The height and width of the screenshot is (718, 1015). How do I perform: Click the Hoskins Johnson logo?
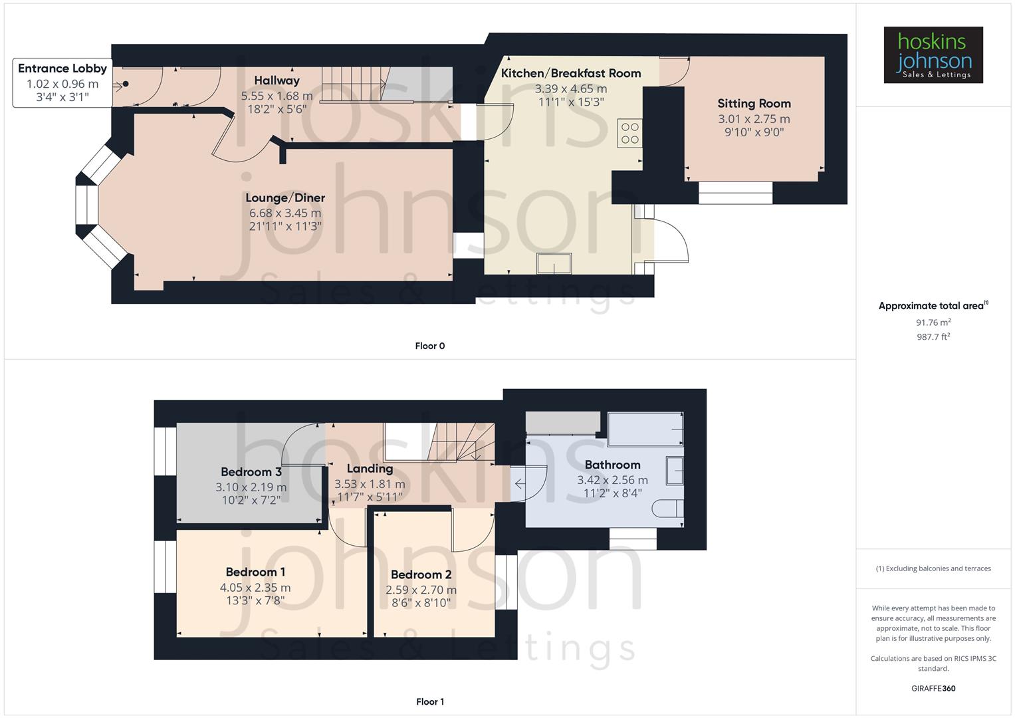[x=933, y=55]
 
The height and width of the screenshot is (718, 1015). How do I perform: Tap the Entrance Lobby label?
[x=62, y=68]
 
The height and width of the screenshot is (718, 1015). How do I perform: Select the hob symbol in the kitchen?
[x=629, y=133]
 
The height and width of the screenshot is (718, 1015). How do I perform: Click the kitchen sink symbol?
[x=554, y=263]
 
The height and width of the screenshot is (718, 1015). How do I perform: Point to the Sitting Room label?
[x=754, y=104]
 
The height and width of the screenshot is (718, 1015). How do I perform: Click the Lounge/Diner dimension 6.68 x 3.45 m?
[x=284, y=213]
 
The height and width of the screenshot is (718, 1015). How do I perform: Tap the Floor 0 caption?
[x=429, y=346]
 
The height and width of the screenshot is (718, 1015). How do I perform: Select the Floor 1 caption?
[x=429, y=701]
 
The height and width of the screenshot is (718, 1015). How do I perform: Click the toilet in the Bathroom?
[x=667, y=509]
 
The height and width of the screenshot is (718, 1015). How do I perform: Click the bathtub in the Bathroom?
[x=645, y=429]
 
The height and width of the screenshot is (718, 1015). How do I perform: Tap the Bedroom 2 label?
[x=421, y=574]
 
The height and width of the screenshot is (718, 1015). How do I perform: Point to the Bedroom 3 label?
[x=251, y=472]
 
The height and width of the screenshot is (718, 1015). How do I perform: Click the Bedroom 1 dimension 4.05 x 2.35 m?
[x=255, y=588]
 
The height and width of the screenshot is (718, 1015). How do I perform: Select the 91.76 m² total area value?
[x=933, y=322]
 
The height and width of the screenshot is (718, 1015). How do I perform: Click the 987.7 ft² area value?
[x=933, y=337]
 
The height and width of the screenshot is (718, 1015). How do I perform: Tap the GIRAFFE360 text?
[x=933, y=688]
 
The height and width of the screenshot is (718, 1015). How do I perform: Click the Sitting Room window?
[x=735, y=193]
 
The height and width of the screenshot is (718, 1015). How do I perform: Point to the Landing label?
[x=370, y=469]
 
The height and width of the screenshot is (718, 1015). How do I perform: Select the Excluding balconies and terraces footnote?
[x=933, y=568]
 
